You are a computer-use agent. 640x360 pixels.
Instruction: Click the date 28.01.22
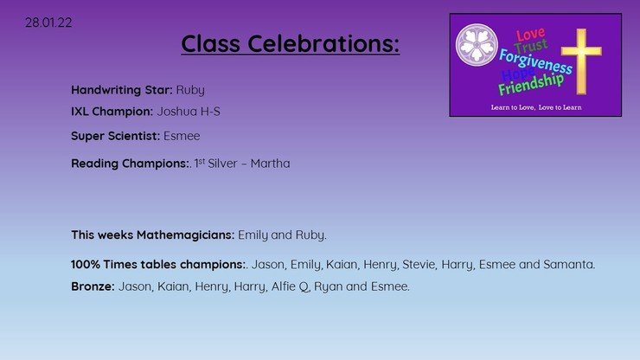click(48, 22)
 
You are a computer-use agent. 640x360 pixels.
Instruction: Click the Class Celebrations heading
click(291, 43)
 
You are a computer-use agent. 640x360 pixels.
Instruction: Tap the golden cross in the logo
click(581, 61)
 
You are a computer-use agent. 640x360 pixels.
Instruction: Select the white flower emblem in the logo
click(477, 44)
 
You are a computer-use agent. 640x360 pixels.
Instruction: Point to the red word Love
click(530, 35)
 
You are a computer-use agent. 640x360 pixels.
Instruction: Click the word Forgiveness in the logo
click(535, 61)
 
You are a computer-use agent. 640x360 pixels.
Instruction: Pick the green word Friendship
click(531, 84)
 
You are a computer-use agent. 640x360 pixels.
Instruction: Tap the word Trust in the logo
click(531, 46)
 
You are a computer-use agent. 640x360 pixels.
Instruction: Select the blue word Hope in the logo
click(517, 74)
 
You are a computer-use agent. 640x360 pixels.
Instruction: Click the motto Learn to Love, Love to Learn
click(536, 107)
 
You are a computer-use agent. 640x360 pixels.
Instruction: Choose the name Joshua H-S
click(189, 112)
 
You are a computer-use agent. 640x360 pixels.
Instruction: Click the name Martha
click(270, 164)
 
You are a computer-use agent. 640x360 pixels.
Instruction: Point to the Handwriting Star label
click(122, 90)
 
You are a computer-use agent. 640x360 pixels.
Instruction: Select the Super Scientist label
click(115, 136)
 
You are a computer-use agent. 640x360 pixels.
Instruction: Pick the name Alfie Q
click(291, 286)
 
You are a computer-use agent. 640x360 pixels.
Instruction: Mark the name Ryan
click(328, 286)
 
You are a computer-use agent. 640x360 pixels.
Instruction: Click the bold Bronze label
click(93, 286)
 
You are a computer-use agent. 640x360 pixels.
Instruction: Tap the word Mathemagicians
click(185, 235)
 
